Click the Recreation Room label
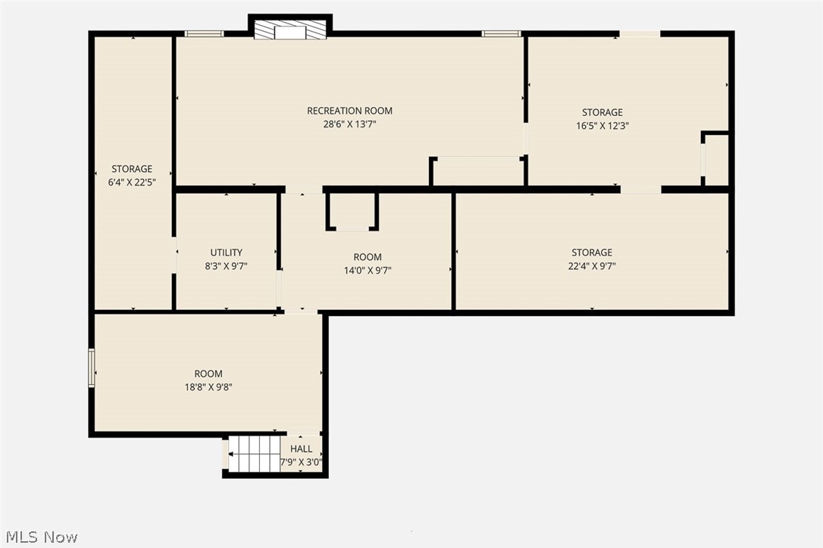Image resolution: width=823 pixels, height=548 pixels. pyautogui.click(x=349, y=111)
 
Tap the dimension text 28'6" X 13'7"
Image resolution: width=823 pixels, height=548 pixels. pyautogui.click(x=349, y=124)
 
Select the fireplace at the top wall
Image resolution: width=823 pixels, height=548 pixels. pyautogui.click(x=290, y=30)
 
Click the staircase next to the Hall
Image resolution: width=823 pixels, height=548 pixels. pyautogui.click(x=255, y=454)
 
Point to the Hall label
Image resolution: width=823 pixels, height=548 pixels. pyautogui.click(x=301, y=449)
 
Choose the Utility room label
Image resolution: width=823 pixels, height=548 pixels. pyautogui.click(x=226, y=252)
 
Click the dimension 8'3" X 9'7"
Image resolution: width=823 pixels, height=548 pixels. pyautogui.click(x=226, y=266)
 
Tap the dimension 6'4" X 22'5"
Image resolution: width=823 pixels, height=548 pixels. pyautogui.click(x=132, y=182)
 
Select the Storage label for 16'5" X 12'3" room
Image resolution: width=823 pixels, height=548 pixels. pyautogui.click(x=602, y=112)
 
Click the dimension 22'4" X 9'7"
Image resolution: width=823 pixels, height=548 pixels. pyautogui.click(x=592, y=266)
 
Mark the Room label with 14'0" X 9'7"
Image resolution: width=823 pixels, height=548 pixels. pyautogui.click(x=368, y=257)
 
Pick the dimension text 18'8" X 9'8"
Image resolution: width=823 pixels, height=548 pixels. pyautogui.click(x=208, y=387)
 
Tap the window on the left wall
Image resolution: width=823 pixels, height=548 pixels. pyautogui.click(x=92, y=368)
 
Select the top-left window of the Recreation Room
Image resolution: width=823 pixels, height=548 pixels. pyautogui.click(x=205, y=33)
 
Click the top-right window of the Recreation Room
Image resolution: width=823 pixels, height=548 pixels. pyautogui.click(x=501, y=33)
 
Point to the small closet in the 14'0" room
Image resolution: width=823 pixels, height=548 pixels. pyautogui.click(x=352, y=211)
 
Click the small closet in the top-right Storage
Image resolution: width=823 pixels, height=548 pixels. pyautogui.click(x=716, y=159)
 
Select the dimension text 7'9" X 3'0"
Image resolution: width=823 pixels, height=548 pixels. pyautogui.click(x=301, y=462)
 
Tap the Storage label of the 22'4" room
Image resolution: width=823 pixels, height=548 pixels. pyautogui.click(x=592, y=252)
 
